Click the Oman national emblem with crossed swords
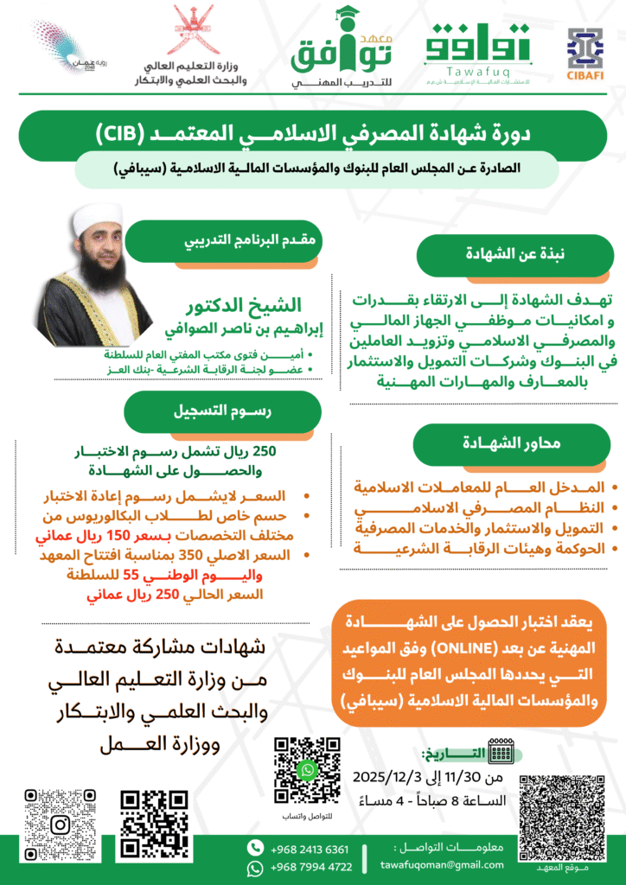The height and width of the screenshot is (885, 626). (190, 31)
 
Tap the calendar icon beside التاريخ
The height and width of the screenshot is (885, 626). (502, 748)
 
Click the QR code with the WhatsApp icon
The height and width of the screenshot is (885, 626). (307, 769)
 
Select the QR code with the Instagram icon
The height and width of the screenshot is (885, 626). (60, 824)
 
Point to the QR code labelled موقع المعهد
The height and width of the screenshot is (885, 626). (561, 816)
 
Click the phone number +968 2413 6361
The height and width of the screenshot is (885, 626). (310, 849)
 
